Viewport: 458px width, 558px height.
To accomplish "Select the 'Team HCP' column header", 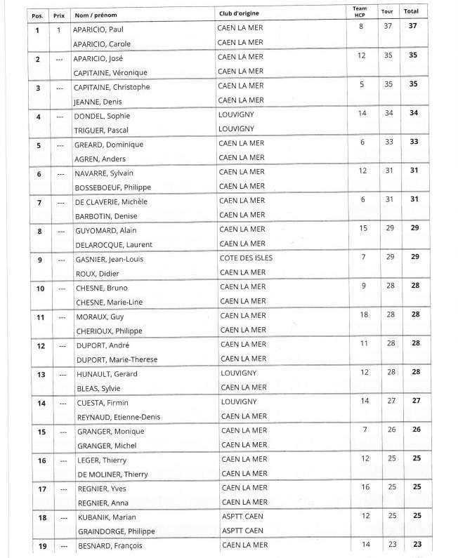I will click(361, 11).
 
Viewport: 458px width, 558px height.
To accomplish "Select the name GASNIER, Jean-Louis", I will click(113, 258).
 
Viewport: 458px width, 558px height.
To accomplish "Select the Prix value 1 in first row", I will click(60, 29).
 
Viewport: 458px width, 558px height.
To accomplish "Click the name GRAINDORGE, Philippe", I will click(115, 531).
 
